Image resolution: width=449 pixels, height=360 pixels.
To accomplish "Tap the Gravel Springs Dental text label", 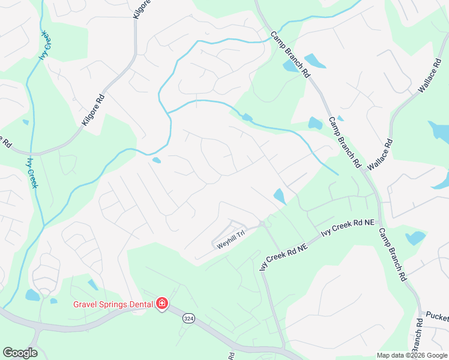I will point(113,304).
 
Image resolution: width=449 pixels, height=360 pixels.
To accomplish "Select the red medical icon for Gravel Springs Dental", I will point(161,304).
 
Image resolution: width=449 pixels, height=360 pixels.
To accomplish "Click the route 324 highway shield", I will point(188,318).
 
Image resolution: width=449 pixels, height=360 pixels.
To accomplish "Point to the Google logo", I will point(20,353).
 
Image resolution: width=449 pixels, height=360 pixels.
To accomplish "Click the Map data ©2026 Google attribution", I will point(412,355).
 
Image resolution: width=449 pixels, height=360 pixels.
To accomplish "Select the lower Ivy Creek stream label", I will point(31,170).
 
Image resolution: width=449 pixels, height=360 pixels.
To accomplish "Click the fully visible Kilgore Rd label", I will point(93,110).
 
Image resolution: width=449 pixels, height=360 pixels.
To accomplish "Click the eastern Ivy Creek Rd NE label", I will point(348,229).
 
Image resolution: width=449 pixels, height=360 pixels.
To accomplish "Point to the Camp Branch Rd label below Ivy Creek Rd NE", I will point(393,253).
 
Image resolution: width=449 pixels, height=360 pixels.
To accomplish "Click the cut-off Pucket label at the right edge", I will point(438,316).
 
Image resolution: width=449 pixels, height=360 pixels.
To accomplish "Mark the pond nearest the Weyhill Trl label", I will point(280,196).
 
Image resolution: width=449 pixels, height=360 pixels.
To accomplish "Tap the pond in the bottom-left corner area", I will point(32,295).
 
